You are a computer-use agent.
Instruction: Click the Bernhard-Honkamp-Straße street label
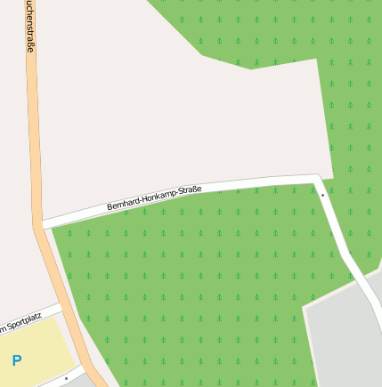click(154, 198)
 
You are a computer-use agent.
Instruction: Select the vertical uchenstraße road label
click(29, 25)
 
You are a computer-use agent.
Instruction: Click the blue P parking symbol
click(16, 360)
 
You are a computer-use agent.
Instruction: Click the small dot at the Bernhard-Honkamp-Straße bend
click(322, 194)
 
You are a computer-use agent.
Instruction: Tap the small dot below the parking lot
click(66, 378)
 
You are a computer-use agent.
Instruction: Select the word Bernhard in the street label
click(123, 204)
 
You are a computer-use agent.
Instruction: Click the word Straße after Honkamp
click(190, 189)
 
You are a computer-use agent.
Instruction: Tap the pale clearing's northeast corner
click(316, 60)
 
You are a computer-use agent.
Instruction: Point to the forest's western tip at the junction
click(53, 229)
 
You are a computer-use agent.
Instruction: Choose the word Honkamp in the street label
click(158, 197)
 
